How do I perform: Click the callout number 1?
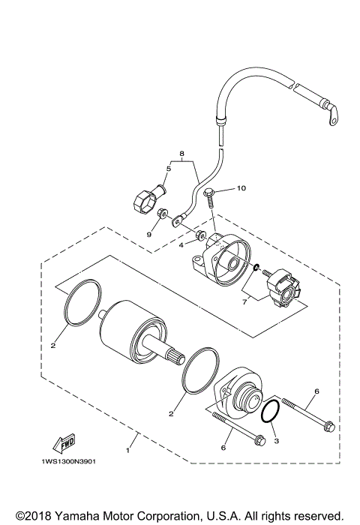pos(128,452)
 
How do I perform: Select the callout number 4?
pos(181,245)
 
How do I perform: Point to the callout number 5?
pos(168,169)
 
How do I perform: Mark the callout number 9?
pos(149,234)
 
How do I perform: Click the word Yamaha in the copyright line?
pos(81,517)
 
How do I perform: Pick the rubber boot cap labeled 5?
pos(147,201)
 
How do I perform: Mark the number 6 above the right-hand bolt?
pos(316,391)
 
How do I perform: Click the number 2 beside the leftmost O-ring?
pos(52,346)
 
